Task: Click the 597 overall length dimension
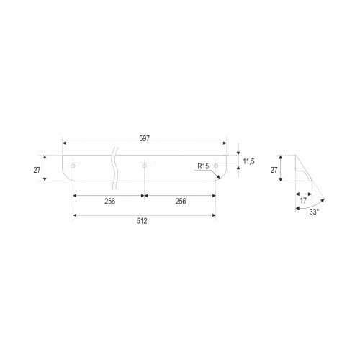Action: pos(145,138)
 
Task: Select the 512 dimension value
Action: pos(142,221)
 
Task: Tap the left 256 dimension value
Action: pos(109,201)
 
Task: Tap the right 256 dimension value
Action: pos(181,201)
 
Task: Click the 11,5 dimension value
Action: pos(248,161)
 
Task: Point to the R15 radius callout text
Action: pos(203,166)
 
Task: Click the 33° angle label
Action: pos(314,212)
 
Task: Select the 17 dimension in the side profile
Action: pos(303,201)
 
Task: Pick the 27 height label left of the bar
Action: pos(37,170)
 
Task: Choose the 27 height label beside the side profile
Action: pos(274,170)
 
